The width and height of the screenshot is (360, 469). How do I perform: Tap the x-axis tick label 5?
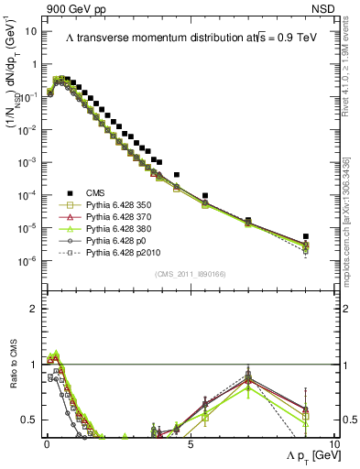[189, 443]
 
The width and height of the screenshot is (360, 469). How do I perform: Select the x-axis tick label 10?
[333, 443]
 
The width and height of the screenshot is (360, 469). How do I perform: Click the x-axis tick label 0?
[45, 443]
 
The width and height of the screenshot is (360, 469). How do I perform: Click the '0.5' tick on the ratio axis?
[28, 420]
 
